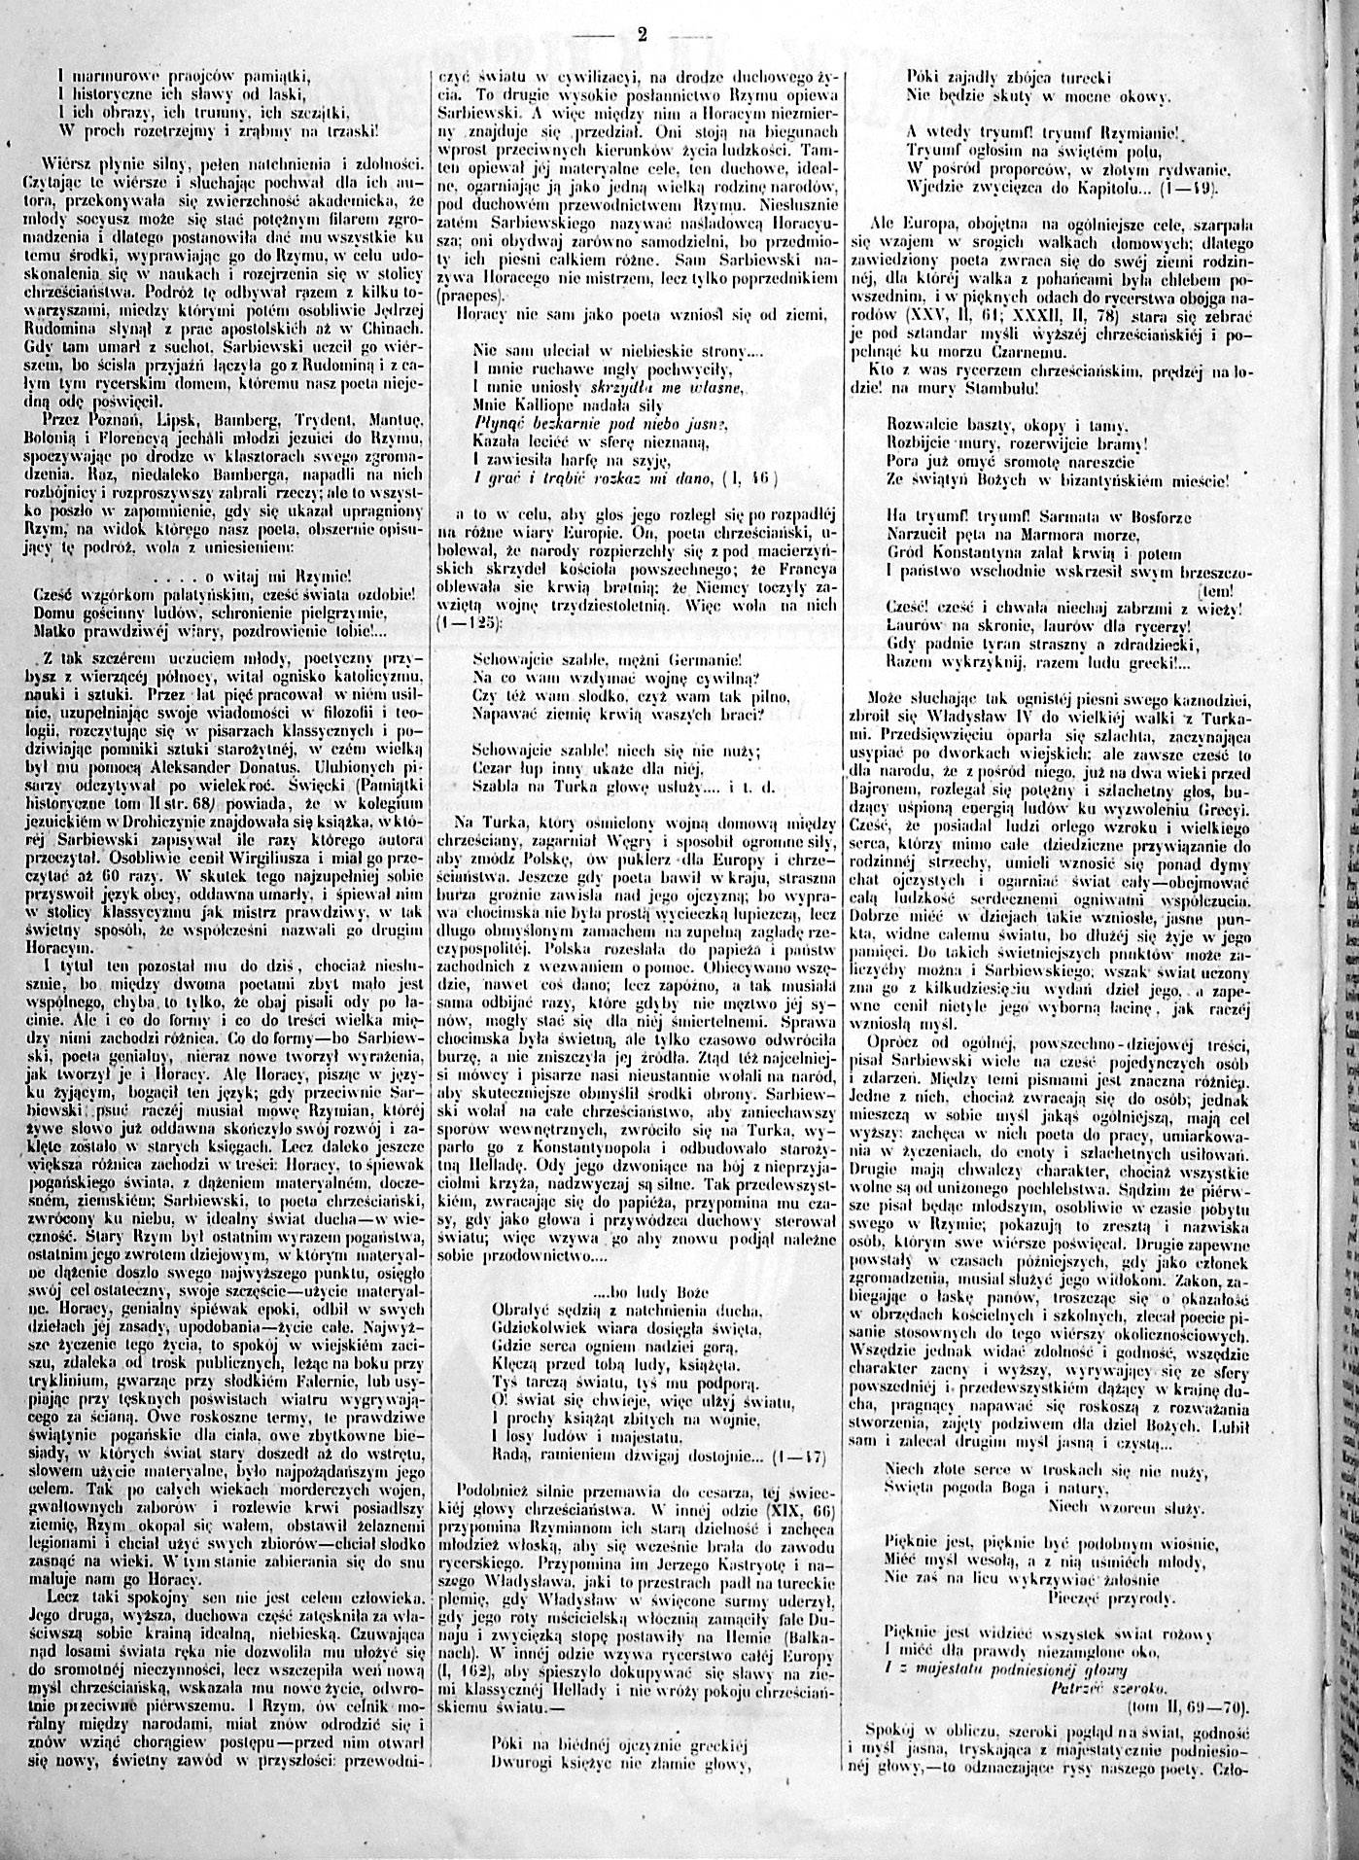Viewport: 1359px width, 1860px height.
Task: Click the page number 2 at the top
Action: pos(642,33)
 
